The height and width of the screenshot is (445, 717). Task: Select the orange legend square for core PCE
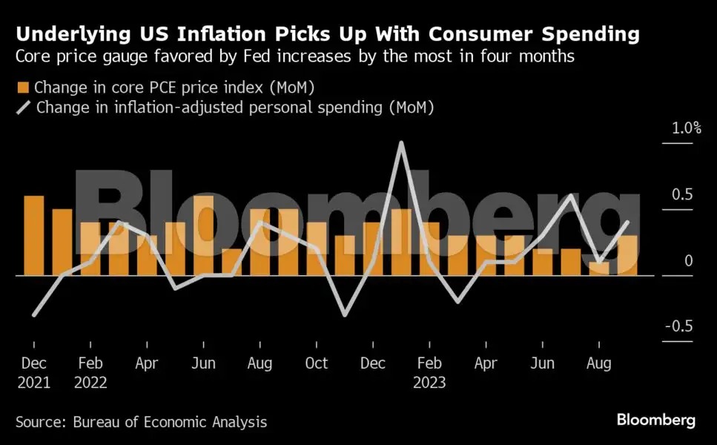click(22, 88)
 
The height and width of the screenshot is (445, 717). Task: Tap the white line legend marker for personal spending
click(23, 107)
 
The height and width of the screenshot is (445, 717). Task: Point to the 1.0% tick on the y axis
click(686, 128)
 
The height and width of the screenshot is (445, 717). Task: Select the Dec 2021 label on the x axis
click(33, 372)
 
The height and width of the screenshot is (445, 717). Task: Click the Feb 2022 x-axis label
click(90, 372)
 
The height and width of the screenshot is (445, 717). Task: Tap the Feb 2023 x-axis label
click(429, 372)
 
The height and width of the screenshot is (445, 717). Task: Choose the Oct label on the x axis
click(317, 363)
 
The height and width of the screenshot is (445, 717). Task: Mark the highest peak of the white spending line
click(401, 142)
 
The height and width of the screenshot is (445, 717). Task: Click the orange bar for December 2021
click(34, 235)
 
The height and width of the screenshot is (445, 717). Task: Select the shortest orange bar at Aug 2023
click(599, 268)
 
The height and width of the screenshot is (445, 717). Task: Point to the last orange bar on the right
click(627, 255)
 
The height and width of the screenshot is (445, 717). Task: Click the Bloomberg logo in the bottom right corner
click(655, 421)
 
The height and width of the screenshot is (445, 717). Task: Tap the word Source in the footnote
click(41, 422)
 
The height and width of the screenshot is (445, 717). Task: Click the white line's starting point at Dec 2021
click(34, 315)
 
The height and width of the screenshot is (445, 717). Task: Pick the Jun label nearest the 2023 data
click(543, 363)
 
